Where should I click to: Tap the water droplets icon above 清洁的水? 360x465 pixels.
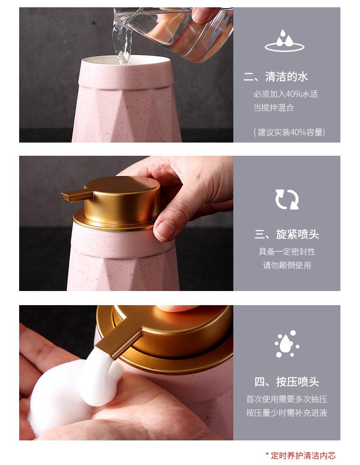click(284, 41)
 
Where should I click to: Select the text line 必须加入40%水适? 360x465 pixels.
click(286, 94)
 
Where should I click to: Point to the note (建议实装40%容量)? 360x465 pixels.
click(289, 133)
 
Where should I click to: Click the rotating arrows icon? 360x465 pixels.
click(287, 199)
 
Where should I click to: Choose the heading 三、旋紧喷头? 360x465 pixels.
click(287, 235)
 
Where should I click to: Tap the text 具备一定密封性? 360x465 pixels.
click(287, 251)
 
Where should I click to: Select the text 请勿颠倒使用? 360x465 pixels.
click(287, 265)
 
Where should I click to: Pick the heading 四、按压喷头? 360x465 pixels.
click(287, 382)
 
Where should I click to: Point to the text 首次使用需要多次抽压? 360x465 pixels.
click(287, 399)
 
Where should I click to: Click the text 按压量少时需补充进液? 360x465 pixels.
click(287, 413)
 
